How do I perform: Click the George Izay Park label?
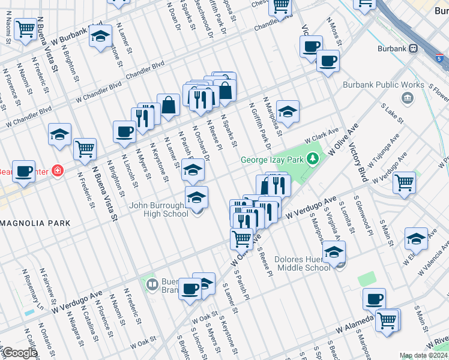coord(273,160)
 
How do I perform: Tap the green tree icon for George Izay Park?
coord(312,159)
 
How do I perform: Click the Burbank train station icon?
coord(413,49)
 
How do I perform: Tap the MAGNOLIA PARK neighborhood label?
coord(35,223)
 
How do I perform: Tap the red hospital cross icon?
coord(57,170)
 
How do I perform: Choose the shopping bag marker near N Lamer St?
coord(169,106)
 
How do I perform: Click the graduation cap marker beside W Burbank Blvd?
coord(100,36)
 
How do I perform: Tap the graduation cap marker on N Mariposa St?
coord(288,111)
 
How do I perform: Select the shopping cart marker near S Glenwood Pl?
coord(405,182)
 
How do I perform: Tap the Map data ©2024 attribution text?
coord(423,355)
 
